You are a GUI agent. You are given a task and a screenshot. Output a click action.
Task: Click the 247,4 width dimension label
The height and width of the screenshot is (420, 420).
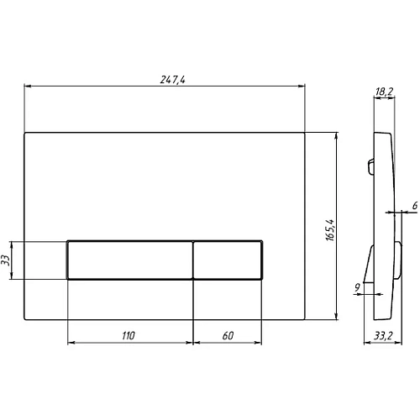(172, 80)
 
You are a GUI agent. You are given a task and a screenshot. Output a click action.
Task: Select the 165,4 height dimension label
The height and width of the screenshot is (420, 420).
(330, 229)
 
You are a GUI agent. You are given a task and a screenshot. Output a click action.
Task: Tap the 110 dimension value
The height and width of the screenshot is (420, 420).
(129, 335)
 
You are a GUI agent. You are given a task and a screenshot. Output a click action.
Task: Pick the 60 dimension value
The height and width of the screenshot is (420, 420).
(228, 335)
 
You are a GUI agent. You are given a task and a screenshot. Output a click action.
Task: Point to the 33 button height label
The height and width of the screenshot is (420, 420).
(6, 260)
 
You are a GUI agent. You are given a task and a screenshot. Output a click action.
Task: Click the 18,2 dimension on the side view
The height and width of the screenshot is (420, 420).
(384, 92)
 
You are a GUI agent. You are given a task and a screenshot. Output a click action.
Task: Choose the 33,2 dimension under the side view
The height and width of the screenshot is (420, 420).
(383, 335)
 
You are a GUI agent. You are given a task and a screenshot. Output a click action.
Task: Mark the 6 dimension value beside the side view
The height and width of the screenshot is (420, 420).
(415, 206)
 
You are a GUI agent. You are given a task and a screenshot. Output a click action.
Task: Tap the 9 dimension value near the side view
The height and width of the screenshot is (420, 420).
(357, 287)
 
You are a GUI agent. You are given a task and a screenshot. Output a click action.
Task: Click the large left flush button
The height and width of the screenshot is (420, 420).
(130, 260)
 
